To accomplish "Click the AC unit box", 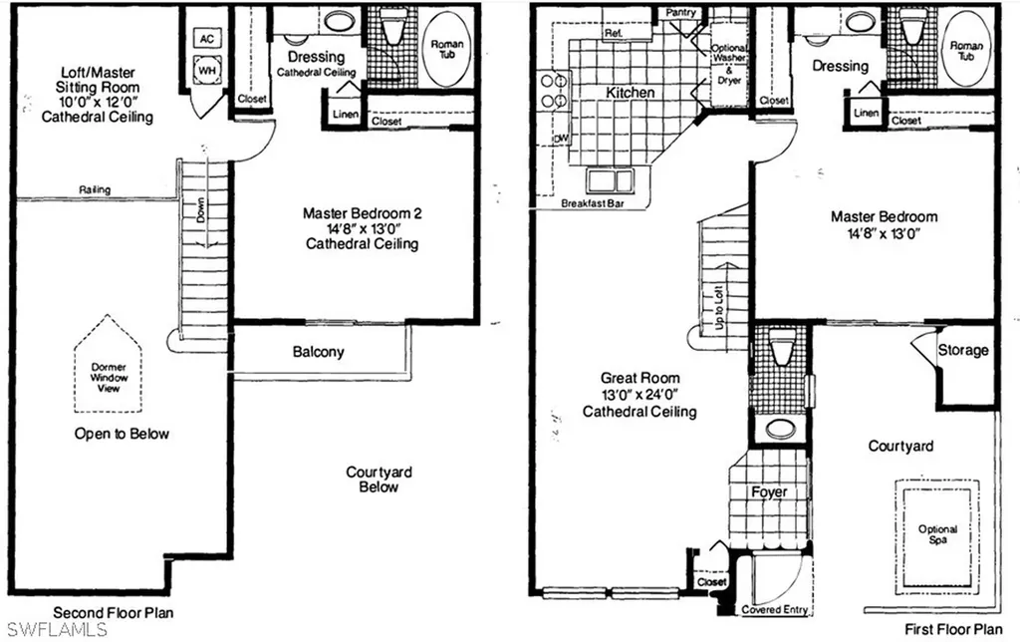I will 207,39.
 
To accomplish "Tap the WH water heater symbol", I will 207,73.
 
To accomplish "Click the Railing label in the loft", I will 96,189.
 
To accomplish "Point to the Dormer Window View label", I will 104,373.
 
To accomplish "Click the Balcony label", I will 319,352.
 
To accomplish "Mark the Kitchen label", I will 632,93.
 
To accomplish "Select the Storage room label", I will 963,350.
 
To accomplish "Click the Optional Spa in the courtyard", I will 937,535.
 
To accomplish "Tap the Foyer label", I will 768,491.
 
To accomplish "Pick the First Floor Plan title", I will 953,629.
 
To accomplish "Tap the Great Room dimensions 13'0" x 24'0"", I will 640,395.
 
